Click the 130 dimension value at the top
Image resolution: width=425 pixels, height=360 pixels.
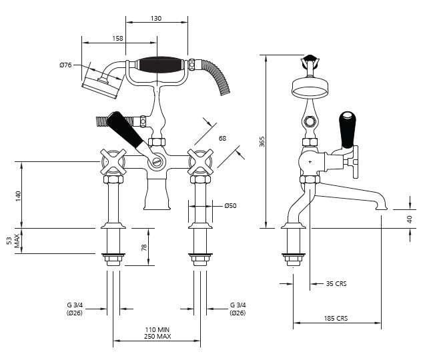point(156,19)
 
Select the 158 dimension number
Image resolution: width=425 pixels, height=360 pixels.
point(117,39)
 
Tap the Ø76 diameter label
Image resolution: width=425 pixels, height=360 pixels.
point(65,65)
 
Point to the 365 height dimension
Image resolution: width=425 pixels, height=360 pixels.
point(262,142)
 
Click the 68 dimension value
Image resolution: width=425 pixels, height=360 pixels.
point(222,139)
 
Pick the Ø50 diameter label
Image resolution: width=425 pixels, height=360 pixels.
point(230,206)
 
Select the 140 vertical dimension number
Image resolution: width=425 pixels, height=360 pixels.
point(18,197)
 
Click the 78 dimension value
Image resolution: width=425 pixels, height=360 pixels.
point(144,247)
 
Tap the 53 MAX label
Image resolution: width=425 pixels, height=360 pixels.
point(13,241)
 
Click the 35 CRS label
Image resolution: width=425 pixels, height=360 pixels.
point(336,283)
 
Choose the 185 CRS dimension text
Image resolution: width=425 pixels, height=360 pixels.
point(336,318)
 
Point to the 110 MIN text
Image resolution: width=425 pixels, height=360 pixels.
point(157,329)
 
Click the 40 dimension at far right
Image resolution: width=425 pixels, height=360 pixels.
point(410,219)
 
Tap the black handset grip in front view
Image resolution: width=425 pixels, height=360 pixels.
point(157,65)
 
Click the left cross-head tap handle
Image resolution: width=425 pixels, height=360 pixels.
point(113,162)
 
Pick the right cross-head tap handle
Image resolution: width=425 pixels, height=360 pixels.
point(201,162)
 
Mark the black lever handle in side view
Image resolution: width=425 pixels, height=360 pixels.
point(347,130)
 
